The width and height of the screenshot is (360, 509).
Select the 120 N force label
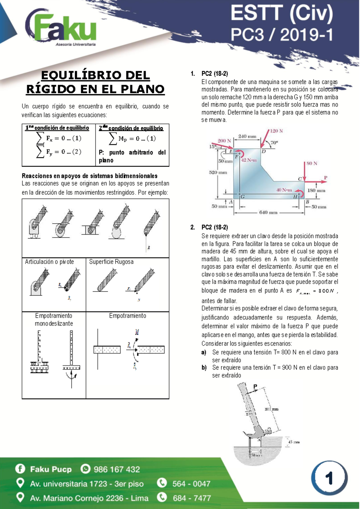276,131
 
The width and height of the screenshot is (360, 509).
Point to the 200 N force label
224,140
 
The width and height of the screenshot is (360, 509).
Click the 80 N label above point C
312,163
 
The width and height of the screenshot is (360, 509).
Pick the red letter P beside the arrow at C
325,178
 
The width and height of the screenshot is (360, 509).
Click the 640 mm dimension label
268,212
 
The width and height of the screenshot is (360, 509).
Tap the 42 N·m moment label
249,160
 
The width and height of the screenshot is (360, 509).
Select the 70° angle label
274,143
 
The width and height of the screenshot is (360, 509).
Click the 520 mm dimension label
218,172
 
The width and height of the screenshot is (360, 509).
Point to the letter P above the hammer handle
255,387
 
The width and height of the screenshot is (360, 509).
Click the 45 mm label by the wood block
294,442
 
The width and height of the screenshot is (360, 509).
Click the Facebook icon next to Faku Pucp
20,469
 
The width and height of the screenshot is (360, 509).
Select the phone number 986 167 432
117,469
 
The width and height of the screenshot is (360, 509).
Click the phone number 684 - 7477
192,498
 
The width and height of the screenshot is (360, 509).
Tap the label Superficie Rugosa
111,262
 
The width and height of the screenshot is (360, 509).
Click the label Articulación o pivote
49,262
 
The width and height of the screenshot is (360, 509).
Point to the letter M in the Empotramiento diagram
137,332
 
